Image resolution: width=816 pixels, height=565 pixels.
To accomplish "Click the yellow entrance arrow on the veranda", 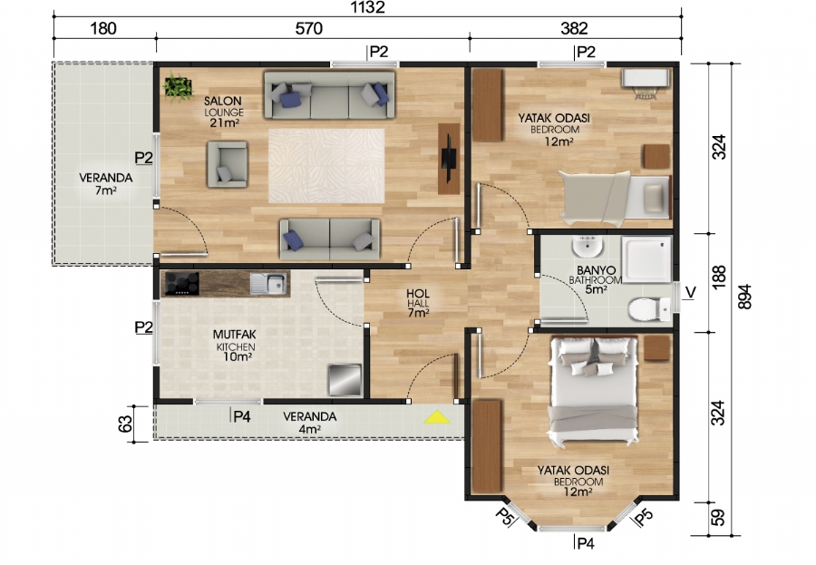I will click(x=438, y=417).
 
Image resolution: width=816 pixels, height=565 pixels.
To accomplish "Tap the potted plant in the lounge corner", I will click(x=178, y=87).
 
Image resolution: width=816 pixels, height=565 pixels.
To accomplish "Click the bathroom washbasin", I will click(x=586, y=248).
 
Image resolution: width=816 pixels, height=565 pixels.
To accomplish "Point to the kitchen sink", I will click(x=268, y=285).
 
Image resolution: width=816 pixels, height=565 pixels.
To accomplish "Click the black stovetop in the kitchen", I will click(x=181, y=284).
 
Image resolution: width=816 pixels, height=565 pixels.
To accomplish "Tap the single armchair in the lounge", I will click(x=228, y=164).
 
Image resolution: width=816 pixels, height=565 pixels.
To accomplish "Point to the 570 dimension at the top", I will click(x=309, y=29).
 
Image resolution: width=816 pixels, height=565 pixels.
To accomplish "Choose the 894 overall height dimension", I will click(x=745, y=297).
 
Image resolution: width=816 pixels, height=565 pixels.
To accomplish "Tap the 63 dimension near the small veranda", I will click(x=127, y=423).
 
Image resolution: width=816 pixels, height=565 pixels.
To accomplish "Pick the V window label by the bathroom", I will click(x=691, y=292).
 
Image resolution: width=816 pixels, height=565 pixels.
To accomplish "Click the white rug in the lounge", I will click(x=325, y=165).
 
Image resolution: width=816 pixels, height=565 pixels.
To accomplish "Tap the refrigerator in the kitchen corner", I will click(x=345, y=378).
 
